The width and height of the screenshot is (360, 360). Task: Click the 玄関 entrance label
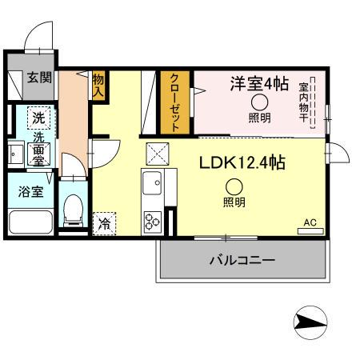[x=39, y=78]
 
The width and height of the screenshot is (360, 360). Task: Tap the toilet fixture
[x=73, y=210]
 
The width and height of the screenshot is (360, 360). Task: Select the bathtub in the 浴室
[x=30, y=222]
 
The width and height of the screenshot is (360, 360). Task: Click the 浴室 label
[x=30, y=191]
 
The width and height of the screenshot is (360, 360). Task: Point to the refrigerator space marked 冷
[x=104, y=224]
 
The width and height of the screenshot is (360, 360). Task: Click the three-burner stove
[x=153, y=222]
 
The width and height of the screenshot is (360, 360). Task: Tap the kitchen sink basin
[x=152, y=183]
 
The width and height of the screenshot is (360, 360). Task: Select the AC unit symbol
[x=310, y=231]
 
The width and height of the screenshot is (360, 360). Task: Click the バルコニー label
[x=242, y=260]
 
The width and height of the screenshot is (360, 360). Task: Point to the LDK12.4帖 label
[x=242, y=162]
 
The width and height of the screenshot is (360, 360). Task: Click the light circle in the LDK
[x=234, y=187]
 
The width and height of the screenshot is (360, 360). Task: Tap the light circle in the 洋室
[x=260, y=102]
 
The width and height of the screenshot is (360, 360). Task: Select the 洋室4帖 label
[x=259, y=83]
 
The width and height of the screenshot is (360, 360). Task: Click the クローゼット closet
[x=175, y=102]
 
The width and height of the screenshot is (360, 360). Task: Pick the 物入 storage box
[x=98, y=85]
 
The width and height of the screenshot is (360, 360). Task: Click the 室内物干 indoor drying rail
[x=313, y=103]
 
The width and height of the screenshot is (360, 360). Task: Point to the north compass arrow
[x=310, y=322]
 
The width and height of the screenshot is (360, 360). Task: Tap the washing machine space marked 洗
[x=39, y=118]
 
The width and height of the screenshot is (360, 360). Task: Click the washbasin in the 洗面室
[x=16, y=154]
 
